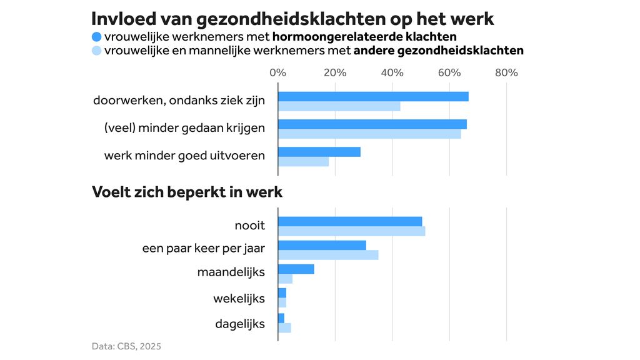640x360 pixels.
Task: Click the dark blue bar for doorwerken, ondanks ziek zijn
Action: coord(373,96)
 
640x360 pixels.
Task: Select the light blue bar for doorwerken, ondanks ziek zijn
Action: coord(339,106)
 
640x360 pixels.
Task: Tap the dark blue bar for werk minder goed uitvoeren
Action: coord(319,152)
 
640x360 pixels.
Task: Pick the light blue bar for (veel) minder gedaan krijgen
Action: coord(369,134)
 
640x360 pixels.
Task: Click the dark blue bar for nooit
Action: coord(350,221)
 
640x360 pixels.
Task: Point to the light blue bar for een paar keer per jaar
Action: coord(328,255)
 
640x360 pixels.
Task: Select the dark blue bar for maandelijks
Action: coord(296,269)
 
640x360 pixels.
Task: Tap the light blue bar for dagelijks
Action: coord(284,327)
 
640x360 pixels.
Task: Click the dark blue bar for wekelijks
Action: coord(282,293)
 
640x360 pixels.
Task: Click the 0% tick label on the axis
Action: coord(277,72)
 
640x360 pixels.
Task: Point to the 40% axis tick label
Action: coord(392,72)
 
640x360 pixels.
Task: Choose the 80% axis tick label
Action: coord(506,72)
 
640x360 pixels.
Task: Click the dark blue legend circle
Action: coord(96,36)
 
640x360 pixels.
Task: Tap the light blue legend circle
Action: coord(96,51)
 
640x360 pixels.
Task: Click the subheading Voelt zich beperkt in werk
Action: coord(187,192)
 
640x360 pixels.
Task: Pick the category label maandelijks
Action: coord(231,272)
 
